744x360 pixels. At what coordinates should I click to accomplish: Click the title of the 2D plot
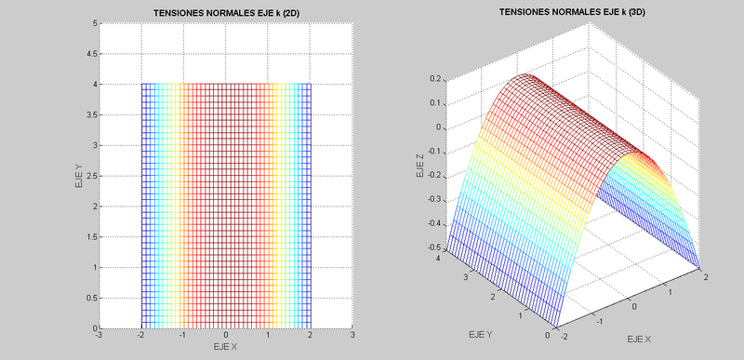(224, 12)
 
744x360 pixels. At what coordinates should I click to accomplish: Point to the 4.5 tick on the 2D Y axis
(90, 54)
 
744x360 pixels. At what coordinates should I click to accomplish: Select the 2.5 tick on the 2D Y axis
(90, 176)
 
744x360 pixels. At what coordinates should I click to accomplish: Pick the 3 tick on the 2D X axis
(352, 336)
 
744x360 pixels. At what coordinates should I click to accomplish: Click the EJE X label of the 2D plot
(225, 347)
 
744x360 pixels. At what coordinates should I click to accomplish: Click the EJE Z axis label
(419, 167)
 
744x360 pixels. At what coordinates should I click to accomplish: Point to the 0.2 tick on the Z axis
(434, 79)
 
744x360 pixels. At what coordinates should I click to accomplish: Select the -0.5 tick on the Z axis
(432, 247)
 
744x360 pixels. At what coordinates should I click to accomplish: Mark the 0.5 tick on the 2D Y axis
(90, 298)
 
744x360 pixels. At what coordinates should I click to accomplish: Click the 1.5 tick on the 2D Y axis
(90, 237)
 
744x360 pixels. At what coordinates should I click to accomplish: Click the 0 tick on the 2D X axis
(225, 336)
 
